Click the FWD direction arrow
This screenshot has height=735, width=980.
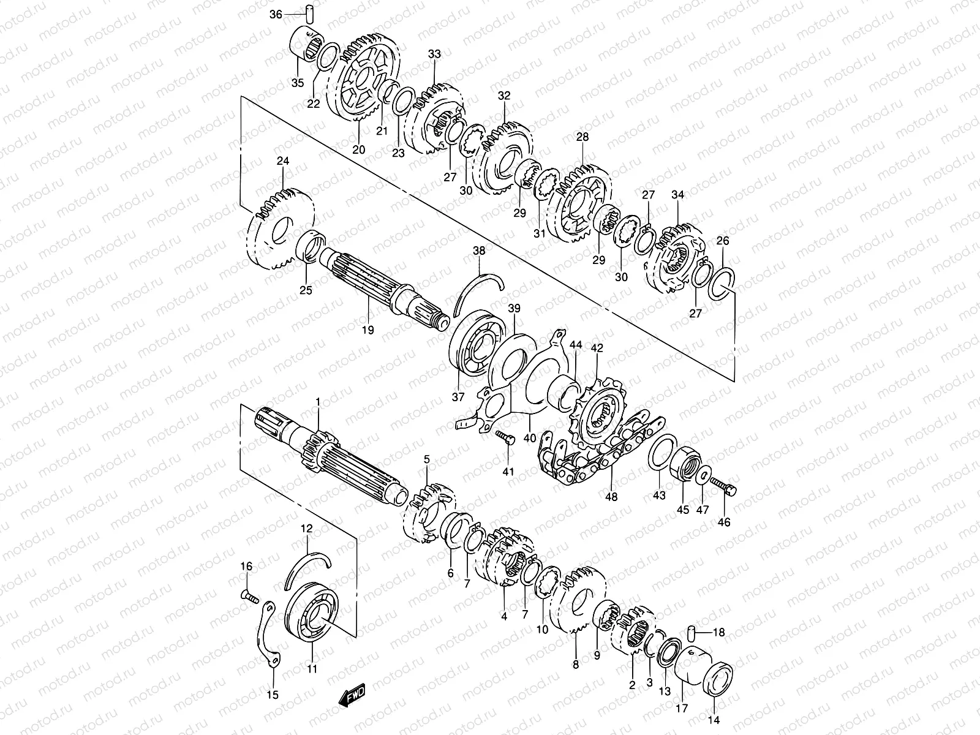pyautogui.click(x=352, y=695)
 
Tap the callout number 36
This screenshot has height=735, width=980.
pyautogui.click(x=276, y=15)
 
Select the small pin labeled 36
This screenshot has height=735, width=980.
pyautogui.click(x=309, y=14)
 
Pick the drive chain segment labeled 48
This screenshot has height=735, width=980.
pyautogui.click(x=600, y=451)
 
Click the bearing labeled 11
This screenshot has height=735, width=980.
pyautogui.click(x=312, y=612)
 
